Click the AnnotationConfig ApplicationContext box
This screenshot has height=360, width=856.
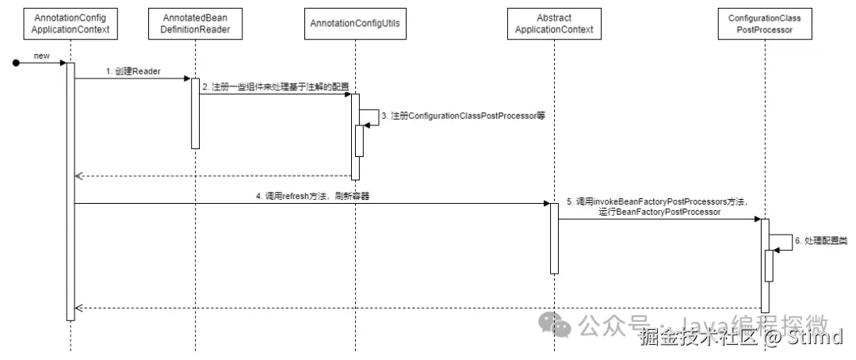(x=71, y=24)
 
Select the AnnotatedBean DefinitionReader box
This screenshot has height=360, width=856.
(x=195, y=24)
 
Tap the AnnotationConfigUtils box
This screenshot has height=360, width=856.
(x=355, y=24)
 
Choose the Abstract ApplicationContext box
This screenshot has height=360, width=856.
(x=554, y=24)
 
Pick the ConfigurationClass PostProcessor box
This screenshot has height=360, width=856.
(x=765, y=24)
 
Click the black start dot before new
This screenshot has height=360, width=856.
(x=17, y=62)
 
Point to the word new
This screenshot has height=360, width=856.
(x=41, y=54)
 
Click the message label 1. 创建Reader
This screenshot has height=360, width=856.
(x=134, y=71)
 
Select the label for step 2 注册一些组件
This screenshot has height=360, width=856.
(x=274, y=86)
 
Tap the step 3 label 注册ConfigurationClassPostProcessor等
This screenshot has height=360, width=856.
(x=464, y=116)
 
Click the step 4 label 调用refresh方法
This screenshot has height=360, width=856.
(x=311, y=196)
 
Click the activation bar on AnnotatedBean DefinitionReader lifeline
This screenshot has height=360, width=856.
(x=195, y=113)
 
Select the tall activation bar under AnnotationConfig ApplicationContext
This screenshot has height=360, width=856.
(x=71, y=190)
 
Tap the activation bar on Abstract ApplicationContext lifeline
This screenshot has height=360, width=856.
(x=554, y=238)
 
